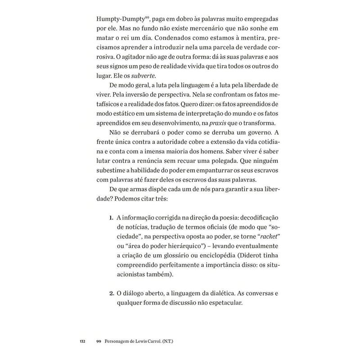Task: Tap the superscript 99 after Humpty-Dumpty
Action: [x=140, y=18]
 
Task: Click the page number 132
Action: [x=82, y=341]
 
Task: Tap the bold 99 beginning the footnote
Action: [x=99, y=341]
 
